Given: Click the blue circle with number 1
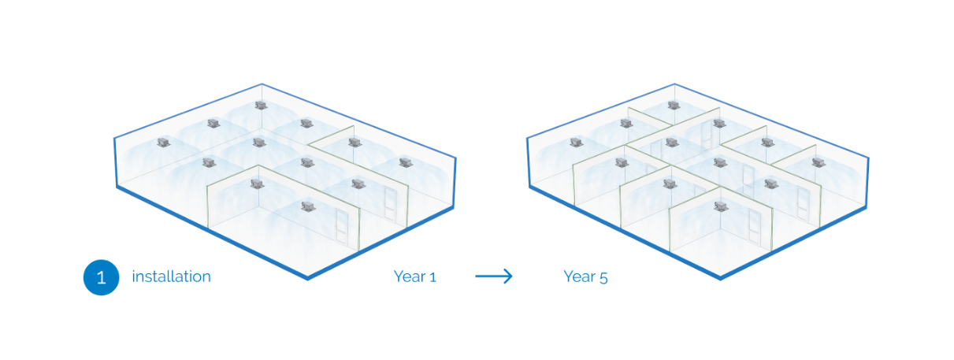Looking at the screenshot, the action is click(x=102, y=277).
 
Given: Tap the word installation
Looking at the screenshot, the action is click(x=171, y=276).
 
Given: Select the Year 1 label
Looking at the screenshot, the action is click(x=415, y=276).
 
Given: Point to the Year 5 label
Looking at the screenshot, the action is click(x=585, y=277).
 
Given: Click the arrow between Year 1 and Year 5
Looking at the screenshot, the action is click(x=494, y=276).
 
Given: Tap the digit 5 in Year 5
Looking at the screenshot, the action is click(x=603, y=278).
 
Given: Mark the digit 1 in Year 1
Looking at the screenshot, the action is click(x=432, y=278).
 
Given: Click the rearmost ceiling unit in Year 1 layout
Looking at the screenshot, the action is click(x=261, y=105).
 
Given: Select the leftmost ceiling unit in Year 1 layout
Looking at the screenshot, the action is click(x=164, y=143).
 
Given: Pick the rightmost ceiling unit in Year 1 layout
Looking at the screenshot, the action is click(x=406, y=162).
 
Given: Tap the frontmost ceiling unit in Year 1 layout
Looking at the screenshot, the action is click(x=308, y=206).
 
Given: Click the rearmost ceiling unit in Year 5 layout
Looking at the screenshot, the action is click(x=674, y=105).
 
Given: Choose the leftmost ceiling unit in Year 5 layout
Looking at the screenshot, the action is click(x=576, y=143).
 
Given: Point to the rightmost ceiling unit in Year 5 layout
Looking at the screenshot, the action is click(x=819, y=162).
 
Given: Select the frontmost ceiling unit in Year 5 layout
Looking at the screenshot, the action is click(x=720, y=206).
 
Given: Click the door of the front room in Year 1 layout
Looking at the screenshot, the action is click(x=342, y=226).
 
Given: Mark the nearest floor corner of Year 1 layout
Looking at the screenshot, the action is click(x=307, y=279).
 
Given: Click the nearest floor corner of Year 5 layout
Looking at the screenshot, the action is click(x=720, y=279).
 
